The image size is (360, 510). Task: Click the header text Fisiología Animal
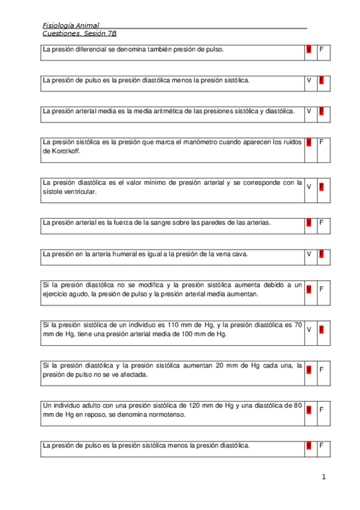71,25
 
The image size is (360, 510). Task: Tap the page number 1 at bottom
323,478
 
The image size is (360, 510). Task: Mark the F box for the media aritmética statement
322,111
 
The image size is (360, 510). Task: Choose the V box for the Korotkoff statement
309,143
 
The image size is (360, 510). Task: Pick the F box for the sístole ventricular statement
322,187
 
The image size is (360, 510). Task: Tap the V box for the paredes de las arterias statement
309,223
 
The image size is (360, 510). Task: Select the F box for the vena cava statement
322,254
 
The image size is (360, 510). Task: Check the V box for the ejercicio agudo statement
309,289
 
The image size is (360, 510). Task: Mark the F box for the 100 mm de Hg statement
322,330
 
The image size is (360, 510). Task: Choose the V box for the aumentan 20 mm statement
309,369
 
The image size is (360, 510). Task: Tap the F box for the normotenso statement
322,410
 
